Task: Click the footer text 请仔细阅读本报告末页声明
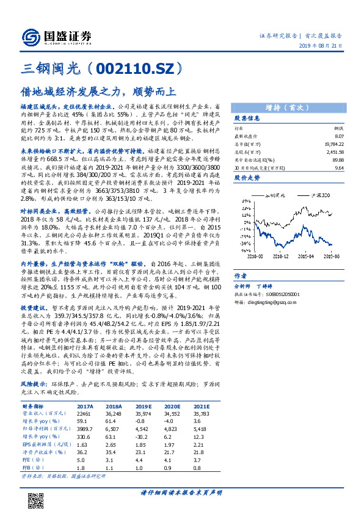coord(181,493)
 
